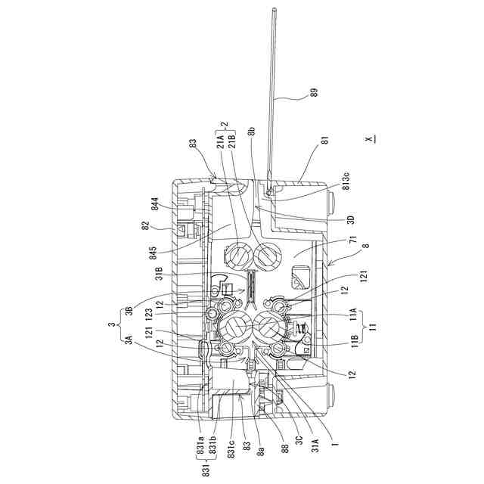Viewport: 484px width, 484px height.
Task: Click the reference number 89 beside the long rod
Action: coord(314,93)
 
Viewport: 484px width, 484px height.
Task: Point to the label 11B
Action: coord(355,339)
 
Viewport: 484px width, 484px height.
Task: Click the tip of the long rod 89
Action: coord(273,8)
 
